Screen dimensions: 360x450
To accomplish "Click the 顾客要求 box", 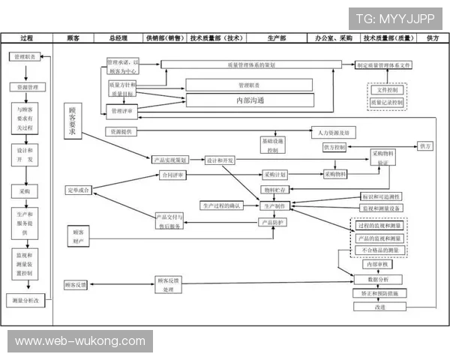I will point(73,122).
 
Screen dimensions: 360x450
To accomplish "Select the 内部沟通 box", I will point(250,100).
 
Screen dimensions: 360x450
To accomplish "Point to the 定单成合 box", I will point(78,190).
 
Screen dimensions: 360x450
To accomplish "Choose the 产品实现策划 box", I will point(170,160).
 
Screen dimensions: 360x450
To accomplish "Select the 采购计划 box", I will point(275,175).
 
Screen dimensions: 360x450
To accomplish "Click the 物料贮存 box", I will point(274,190).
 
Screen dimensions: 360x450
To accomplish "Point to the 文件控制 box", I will point(387,90).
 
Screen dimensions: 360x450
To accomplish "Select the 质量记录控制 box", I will point(387,102).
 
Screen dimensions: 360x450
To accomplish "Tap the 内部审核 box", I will point(376,264).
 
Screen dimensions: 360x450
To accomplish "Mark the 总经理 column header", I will point(118,37).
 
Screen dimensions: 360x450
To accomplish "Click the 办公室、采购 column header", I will point(333,37).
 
